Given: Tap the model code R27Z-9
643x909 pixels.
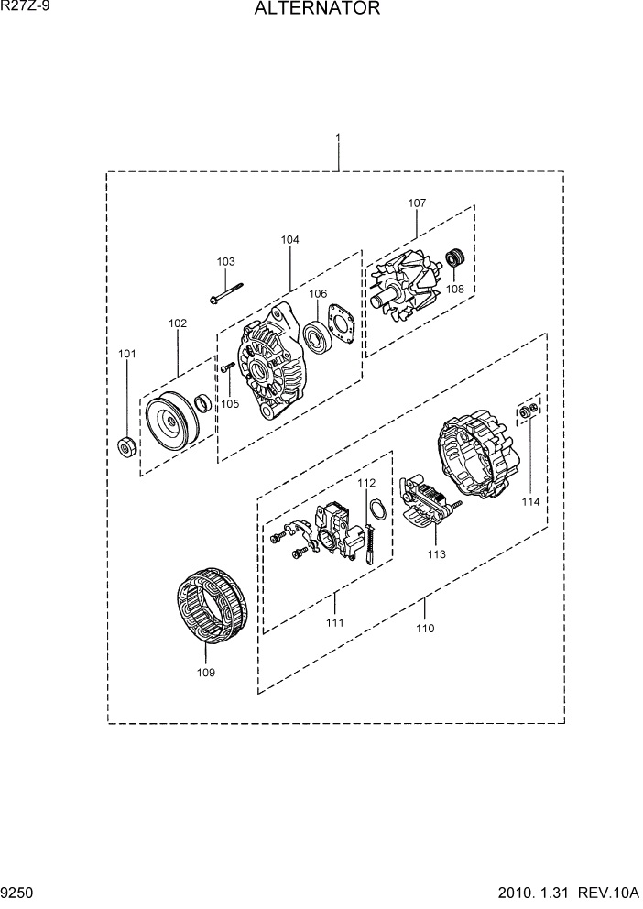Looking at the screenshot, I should tap(26, 7).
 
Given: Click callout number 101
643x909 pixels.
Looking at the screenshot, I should tap(126, 354).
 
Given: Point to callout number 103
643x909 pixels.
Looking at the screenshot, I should tap(225, 262).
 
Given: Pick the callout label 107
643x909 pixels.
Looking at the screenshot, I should tap(417, 203).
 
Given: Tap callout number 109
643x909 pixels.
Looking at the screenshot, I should tap(205, 673).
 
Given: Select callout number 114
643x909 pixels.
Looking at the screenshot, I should tap(530, 501).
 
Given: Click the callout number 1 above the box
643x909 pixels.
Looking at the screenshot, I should tap(338, 138).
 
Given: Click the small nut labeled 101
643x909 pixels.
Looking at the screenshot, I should tap(128, 447).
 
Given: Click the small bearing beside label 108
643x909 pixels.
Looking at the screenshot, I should tap(455, 257).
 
